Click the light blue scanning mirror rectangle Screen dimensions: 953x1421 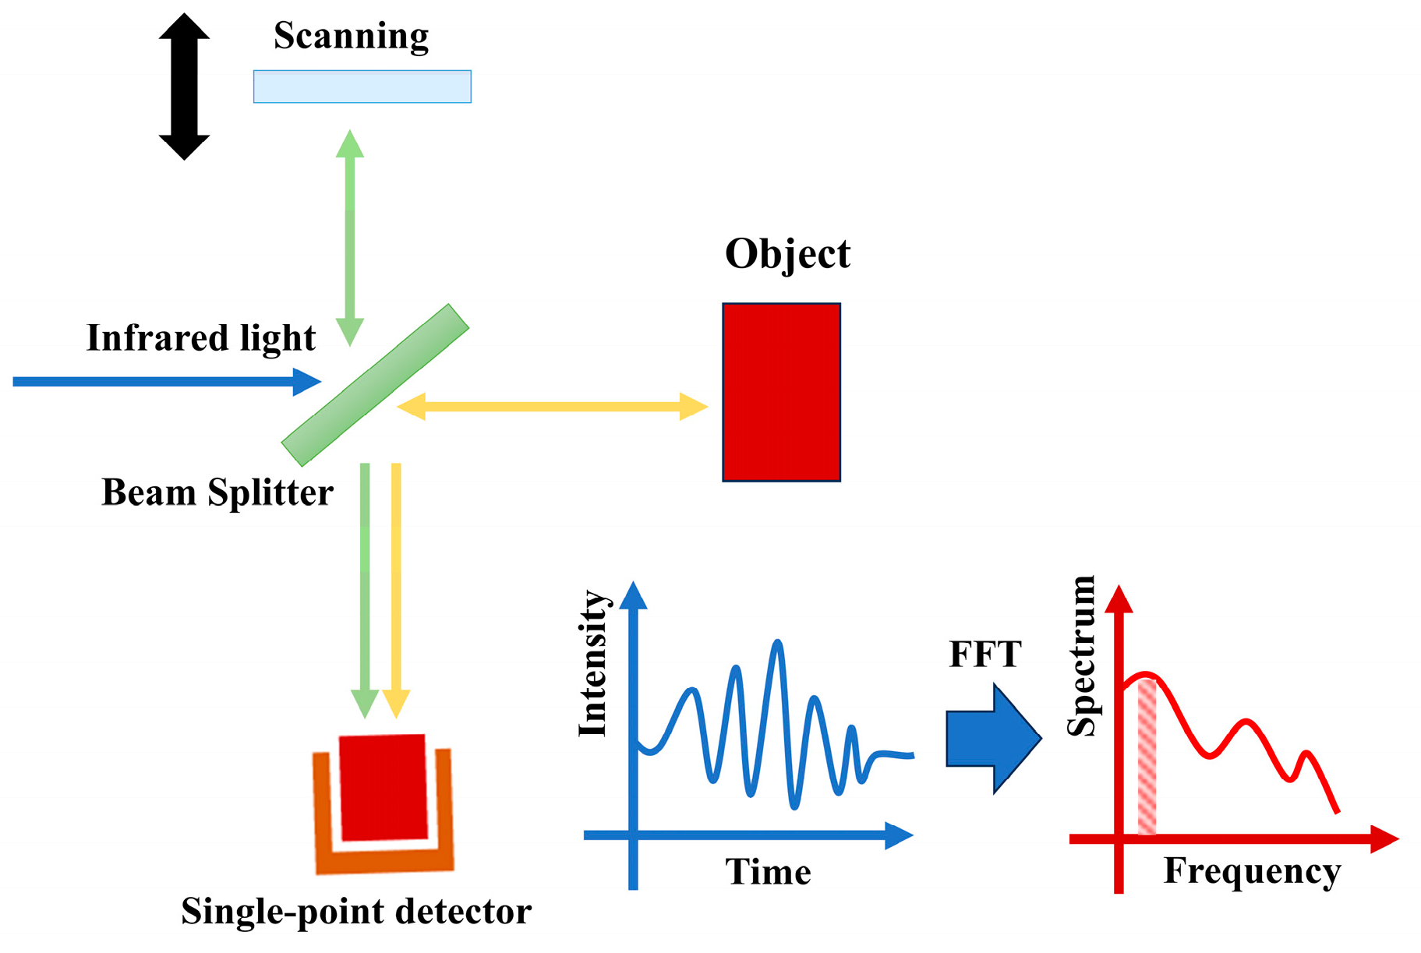tap(362, 86)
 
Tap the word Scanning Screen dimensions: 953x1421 tap(351, 37)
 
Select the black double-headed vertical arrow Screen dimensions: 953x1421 tap(184, 86)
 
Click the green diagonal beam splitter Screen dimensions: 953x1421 tap(375, 385)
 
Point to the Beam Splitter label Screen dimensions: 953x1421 tap(217, 492)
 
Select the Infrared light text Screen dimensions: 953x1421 tap(200, 338)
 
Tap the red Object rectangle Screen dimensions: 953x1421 tap(781, 392)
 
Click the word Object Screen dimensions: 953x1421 tap(787, 254)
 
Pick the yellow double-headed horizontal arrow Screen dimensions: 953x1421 tap(552, 407)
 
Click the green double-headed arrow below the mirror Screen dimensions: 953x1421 tap(350, 238)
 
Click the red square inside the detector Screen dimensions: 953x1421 tap(384, 787)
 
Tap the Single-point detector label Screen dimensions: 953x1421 tap(356, 911)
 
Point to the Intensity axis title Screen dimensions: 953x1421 tap(593, 663)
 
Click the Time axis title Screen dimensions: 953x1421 tap(768, 871)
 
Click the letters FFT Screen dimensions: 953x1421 tap(984, 655)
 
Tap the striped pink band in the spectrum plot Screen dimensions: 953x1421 tap(1147, 757)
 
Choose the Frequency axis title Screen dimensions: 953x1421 tap(1252, 871)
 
